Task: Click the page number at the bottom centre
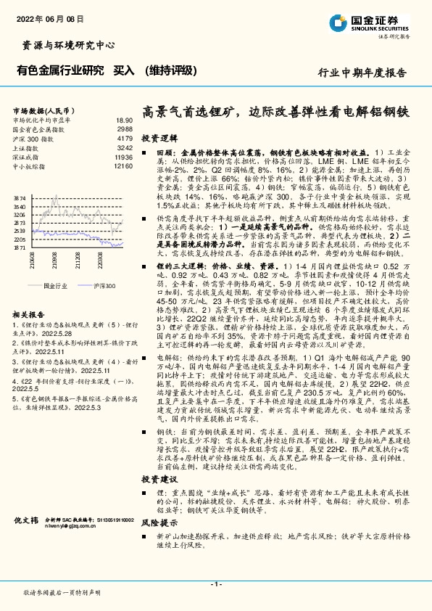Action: (x=215, y=585)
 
